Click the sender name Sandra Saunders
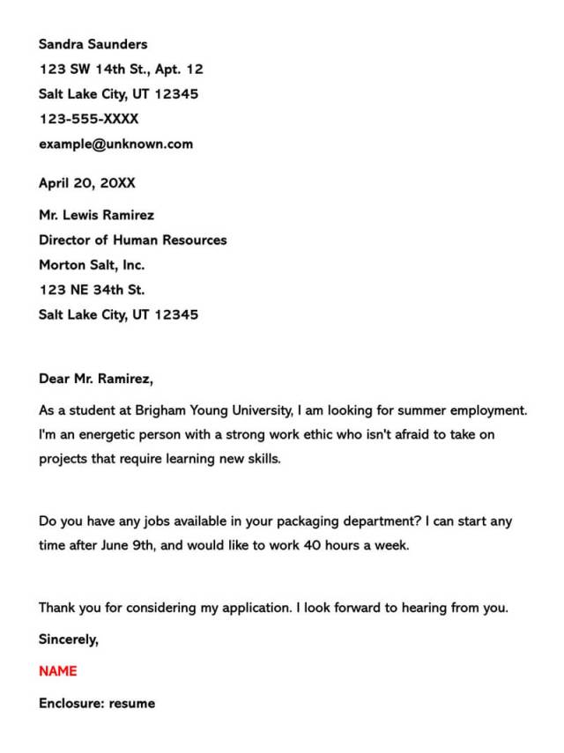93,44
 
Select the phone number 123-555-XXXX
88,118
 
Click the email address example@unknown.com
115,144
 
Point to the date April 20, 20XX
86,183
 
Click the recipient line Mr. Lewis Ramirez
96,215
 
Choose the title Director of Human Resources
132,240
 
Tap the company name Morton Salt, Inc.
92,264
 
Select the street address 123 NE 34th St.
92,289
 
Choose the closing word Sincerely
69,639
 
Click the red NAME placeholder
58,671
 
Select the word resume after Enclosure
132,703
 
